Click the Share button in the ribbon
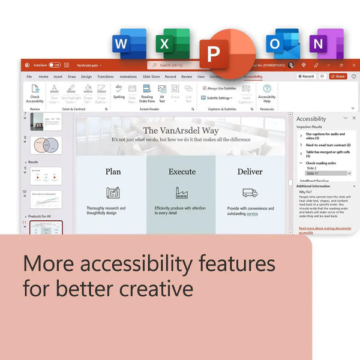pos(338,77)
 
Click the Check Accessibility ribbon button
pos(35,94)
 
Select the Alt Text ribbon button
pos(162,93)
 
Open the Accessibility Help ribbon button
pos(267,93)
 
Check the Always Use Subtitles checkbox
pos(205,88)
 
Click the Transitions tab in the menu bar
pos(105,77)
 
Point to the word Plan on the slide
pos(113,172)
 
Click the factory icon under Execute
pos(182,193)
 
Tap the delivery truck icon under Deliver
pos(250,193)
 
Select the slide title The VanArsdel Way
pos(181,130)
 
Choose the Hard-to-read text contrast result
pos(328,145)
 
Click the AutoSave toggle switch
pos(55,65)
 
